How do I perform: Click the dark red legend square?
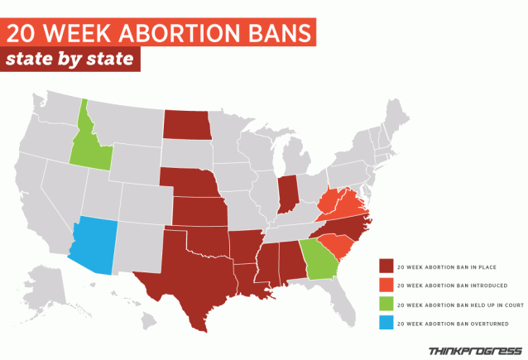click(x=385, y=266)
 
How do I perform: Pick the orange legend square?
click(x=385, y=285)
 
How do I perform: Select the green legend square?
click(x=385, y=304)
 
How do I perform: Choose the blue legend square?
click(x=385, y=323)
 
